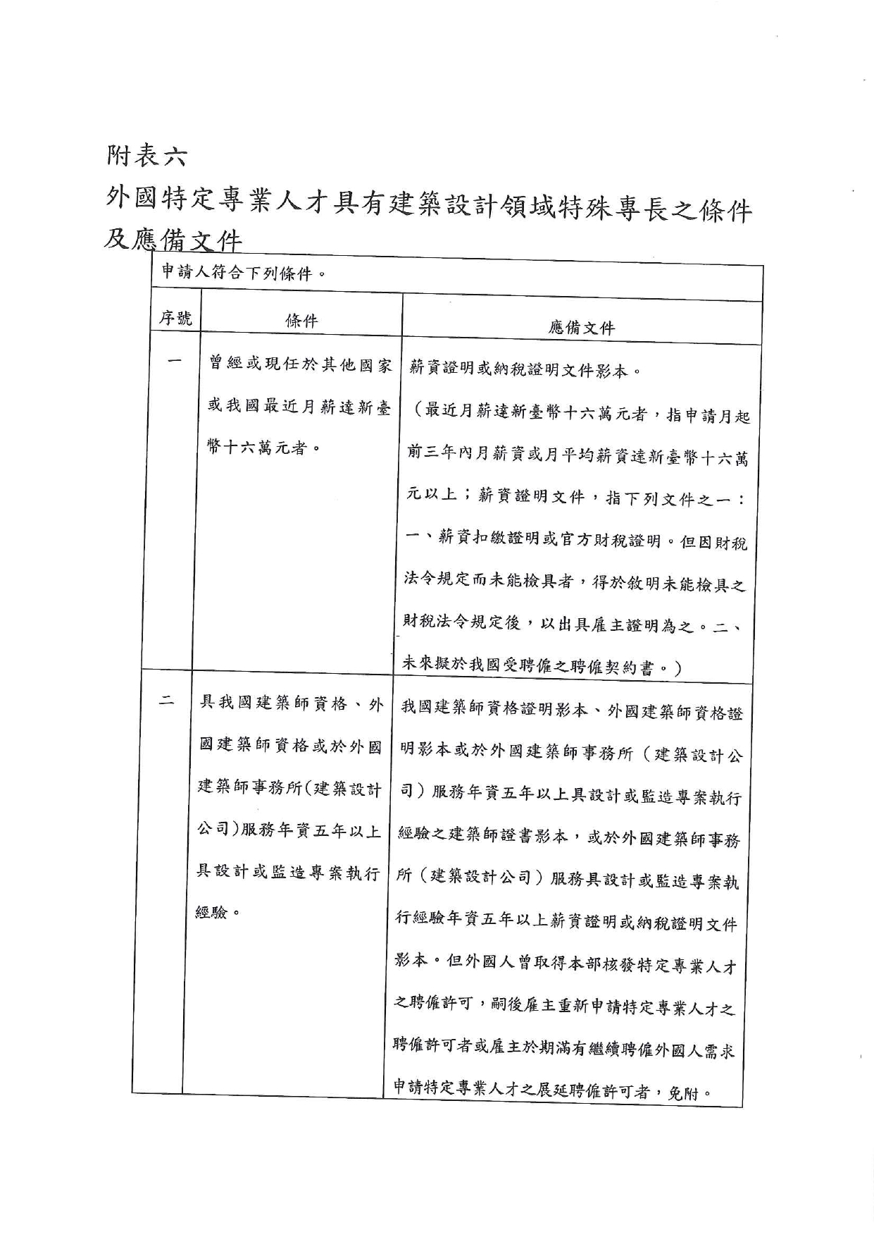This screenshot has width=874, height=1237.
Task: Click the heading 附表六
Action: click(146, 156)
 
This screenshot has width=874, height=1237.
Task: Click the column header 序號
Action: click(175, 319)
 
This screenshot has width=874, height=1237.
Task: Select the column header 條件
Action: click(301, 321)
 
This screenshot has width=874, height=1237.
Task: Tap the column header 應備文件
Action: click(581, 328)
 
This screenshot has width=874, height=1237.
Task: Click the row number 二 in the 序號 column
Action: click(166, 701)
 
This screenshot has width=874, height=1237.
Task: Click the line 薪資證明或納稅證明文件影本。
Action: click(525, 369)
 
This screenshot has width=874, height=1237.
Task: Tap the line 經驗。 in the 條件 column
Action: click(218, 913)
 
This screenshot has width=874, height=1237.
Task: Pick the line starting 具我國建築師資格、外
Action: click(292, 703)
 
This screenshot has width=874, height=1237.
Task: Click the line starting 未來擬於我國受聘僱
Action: click(541, 665)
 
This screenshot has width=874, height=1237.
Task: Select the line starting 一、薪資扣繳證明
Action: click(577, 540)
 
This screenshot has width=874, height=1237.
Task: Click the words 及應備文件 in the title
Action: click(173, 240)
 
